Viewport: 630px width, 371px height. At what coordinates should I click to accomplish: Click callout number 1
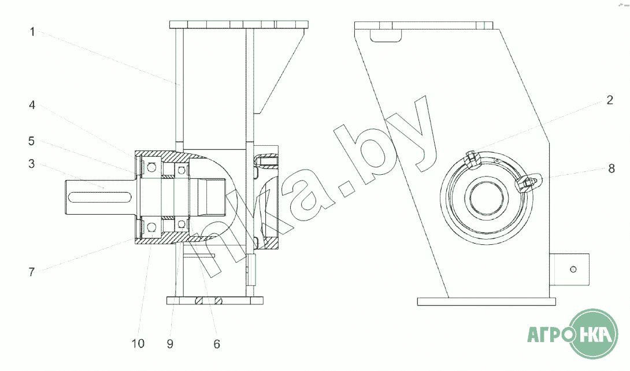click(32, 32)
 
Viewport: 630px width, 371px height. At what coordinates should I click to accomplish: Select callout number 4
click(32, 105)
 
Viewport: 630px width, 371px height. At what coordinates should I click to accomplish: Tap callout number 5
click(32, 141)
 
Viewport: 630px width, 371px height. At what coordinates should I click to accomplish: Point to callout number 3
click(32, 164)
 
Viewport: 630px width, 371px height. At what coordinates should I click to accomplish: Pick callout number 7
click(32, 272)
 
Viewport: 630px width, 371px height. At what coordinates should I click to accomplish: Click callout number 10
click(138, 343)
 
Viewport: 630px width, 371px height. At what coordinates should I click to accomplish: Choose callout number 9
click(170, 344)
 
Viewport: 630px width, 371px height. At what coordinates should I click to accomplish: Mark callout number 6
click(217, 344)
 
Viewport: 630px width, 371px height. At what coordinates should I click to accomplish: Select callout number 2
click(610, 100)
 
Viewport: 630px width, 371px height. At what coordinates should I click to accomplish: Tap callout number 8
click(611, 168)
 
